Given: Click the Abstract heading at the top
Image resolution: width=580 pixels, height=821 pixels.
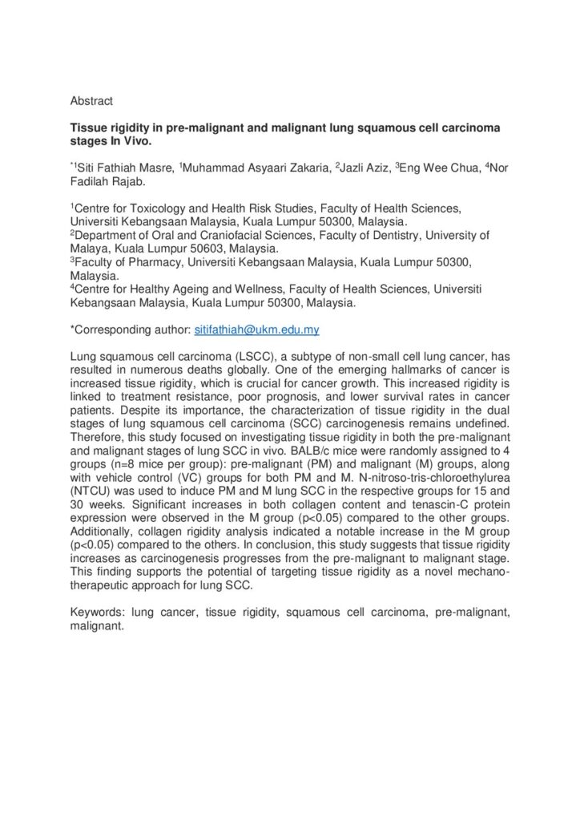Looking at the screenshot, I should click(91, 101).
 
